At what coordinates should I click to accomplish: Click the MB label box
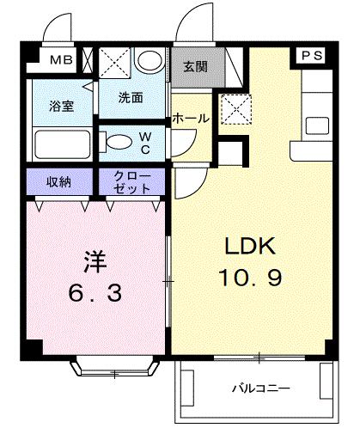[x=60, y=61]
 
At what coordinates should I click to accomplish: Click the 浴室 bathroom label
[x=60, y=106]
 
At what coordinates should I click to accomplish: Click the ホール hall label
[x=191, y=119]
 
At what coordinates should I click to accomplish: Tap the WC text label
[x=146, y=142]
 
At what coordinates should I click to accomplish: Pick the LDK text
[x=249, y=248]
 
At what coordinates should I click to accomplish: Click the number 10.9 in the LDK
[x=249, y=279]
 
